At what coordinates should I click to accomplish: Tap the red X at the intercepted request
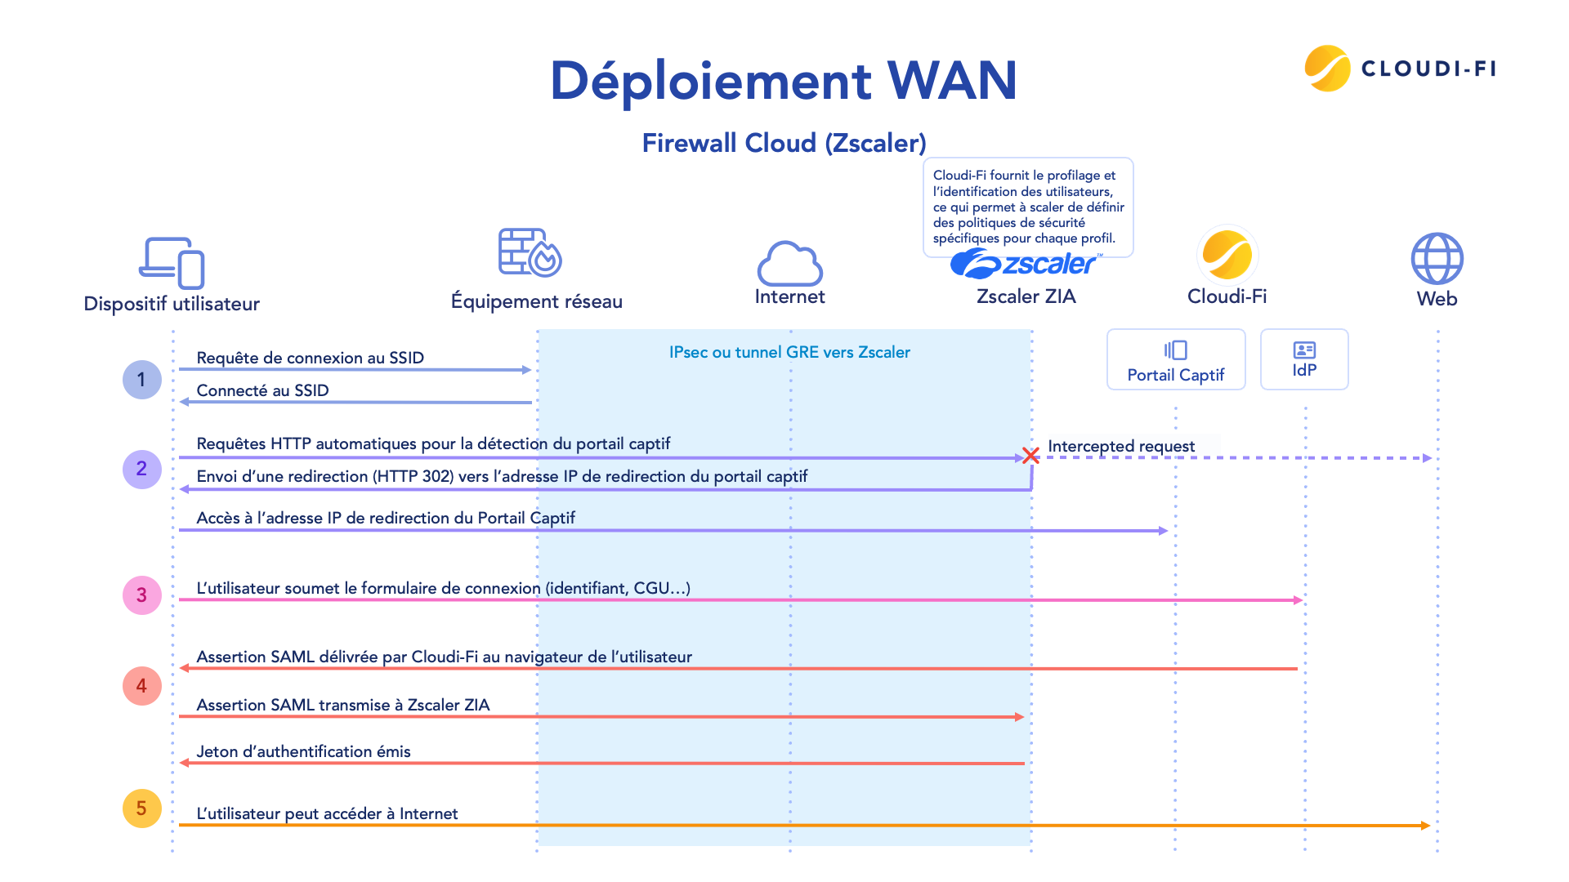pos(1030,456)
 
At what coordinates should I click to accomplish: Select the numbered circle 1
pos(141,380)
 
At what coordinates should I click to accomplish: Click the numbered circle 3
pos(141,595)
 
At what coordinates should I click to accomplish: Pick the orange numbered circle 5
pos(141,808)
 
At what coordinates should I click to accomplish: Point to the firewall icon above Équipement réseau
pos(530,252)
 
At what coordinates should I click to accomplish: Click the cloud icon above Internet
pos(789,263)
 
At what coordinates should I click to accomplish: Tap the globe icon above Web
pos(1437,259)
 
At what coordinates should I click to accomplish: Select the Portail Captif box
pos(1175,360)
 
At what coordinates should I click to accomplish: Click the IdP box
pos(1304,360)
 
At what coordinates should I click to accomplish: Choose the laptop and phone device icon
pos(172,263)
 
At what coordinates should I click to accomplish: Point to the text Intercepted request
pos(1120,446)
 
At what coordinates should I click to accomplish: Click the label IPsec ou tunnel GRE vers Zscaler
pos(789,352)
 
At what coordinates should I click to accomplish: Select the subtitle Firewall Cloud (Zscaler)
pos(784,143)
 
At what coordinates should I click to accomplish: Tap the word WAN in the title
pos(951,81)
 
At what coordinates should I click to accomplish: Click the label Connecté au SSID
pos(262,390)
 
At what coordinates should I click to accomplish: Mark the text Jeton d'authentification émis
pos(303,751)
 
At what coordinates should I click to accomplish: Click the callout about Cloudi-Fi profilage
pos(1027,206)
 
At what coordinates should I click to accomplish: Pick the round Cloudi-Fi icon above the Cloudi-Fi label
pos(1227,255)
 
